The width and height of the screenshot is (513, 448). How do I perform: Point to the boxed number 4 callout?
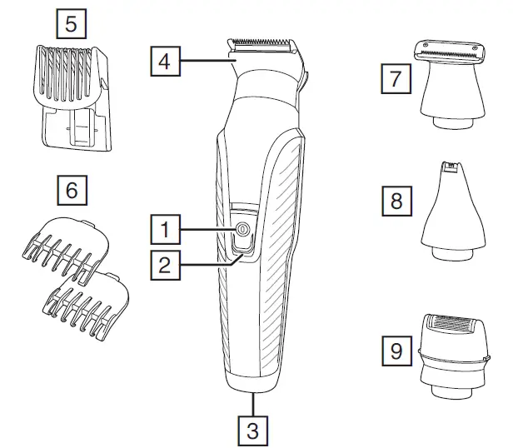tap(165, 61)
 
